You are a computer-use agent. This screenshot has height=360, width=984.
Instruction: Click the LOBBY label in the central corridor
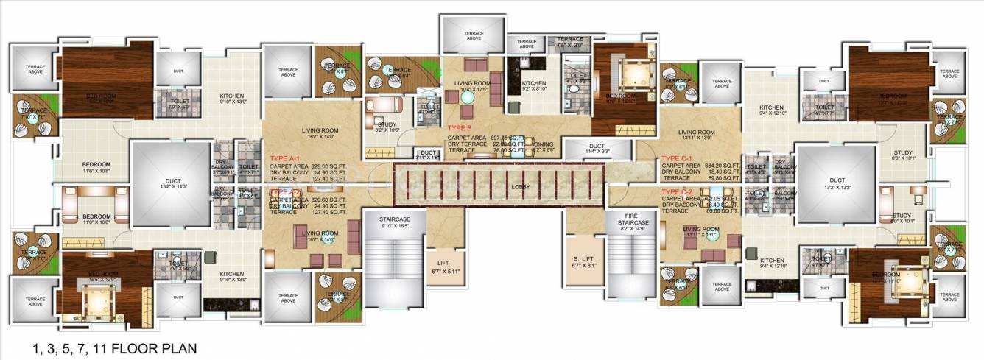(521, 187)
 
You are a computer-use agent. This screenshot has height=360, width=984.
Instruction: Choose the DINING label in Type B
(544, 144)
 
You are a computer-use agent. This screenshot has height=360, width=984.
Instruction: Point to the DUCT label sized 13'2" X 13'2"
(836, 183)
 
